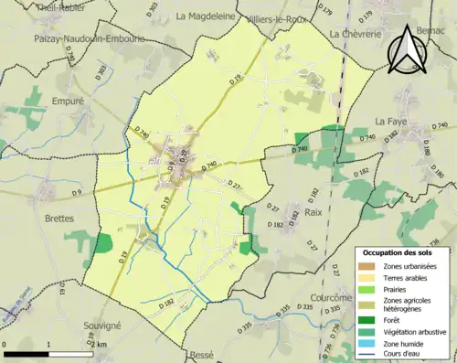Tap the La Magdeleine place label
pos(206,16)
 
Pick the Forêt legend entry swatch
pos(370,320)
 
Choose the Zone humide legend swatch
pos(370,346)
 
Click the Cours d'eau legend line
pos(370,357)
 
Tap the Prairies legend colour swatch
pos(370,290)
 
